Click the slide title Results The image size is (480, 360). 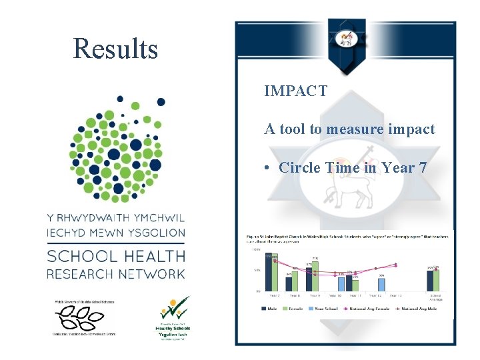pos(115,49)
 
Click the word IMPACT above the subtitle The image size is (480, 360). pos(295,91)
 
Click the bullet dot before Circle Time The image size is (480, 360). pos(267,168)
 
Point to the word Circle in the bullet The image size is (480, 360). pos(300,167)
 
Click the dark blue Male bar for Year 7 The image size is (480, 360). pos(269,273)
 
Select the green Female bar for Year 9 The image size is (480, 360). pos(315,276)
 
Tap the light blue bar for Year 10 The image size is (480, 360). pos(341,283)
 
